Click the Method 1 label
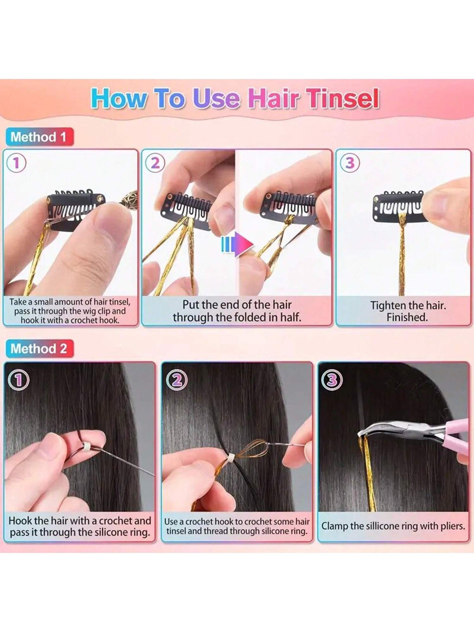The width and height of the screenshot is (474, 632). coord(39,137)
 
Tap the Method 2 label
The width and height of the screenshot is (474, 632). coord(39,349)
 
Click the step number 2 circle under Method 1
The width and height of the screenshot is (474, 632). coord(155,163)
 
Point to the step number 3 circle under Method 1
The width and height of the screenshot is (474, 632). coord(350,163)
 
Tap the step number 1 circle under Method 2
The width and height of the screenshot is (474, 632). coord(18,379)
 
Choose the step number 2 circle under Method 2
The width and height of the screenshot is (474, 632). coord(176,379)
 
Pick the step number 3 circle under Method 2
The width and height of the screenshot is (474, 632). coord(332,379)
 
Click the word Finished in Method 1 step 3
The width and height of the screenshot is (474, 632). coord(407,317)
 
